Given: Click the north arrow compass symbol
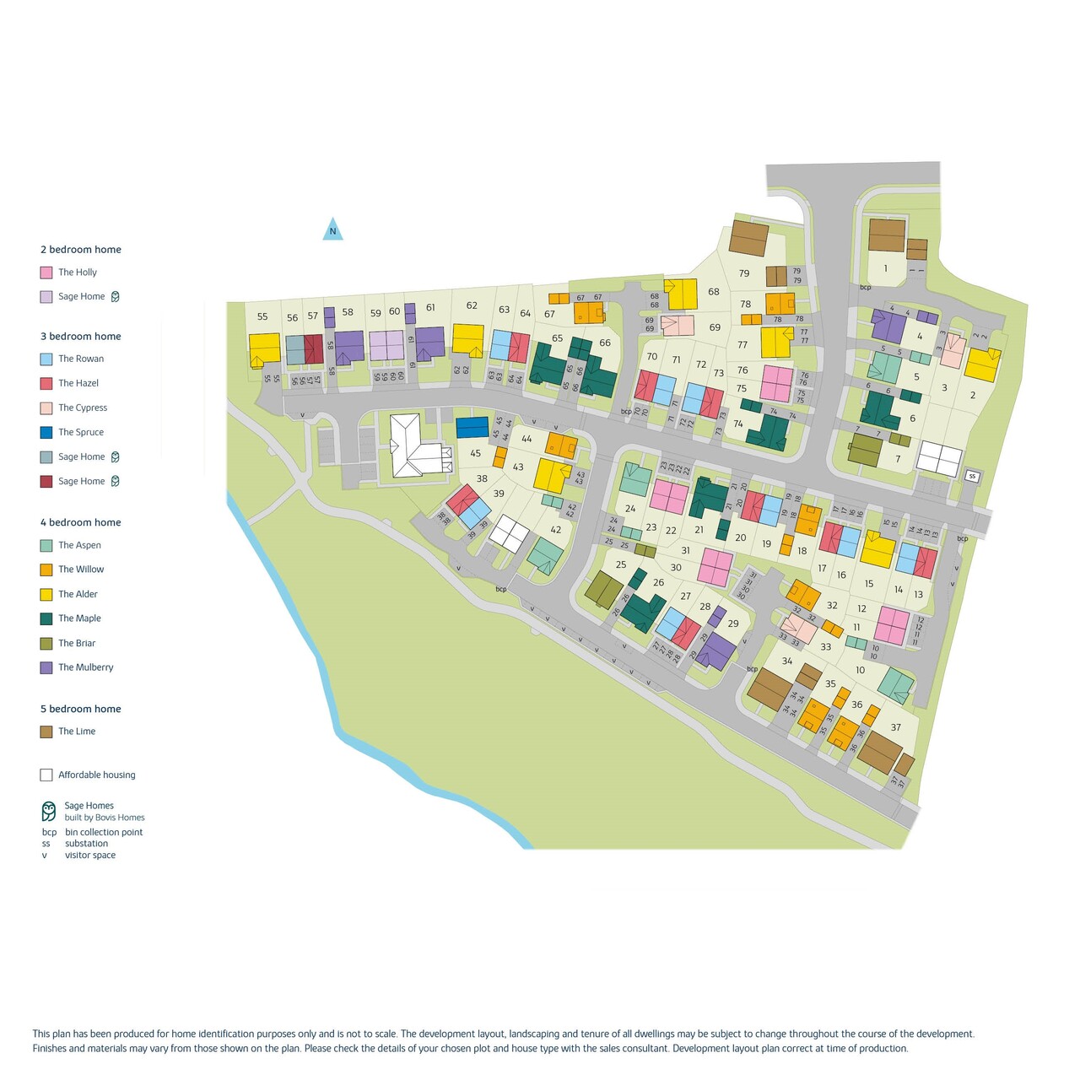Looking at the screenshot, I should tap(332, 229).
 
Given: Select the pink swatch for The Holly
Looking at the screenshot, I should tap(46, 273).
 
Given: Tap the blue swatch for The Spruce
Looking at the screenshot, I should tap(46, 432).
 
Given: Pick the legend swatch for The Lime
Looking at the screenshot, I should tap(46, 732).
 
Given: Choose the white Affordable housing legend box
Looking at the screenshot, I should tap(46, 775).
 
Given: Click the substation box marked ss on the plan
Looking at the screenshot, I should tap(972, 477).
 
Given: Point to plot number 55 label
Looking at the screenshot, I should tap(262, 317).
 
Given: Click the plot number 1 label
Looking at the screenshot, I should tap(885, 269).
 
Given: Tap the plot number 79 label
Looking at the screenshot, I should tap(744, 273).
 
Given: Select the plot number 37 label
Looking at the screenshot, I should tap(896, 727).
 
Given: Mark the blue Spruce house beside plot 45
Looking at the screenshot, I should tap(472, 427).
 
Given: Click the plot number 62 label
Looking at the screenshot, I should tap(472, 306).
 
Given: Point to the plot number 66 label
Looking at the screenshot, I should tap(605, 343).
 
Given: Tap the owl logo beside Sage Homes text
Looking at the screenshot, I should tap(49, 811).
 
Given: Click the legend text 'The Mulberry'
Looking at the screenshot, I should tap(85, 667).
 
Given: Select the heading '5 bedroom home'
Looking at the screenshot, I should tap(81, 709).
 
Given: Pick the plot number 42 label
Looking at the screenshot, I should tap(555, 530).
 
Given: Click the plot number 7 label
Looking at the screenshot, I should tap(898, 460).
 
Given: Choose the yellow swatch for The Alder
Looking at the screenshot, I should tap(46, 594).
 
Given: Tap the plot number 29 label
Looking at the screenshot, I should tap(733, 624).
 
